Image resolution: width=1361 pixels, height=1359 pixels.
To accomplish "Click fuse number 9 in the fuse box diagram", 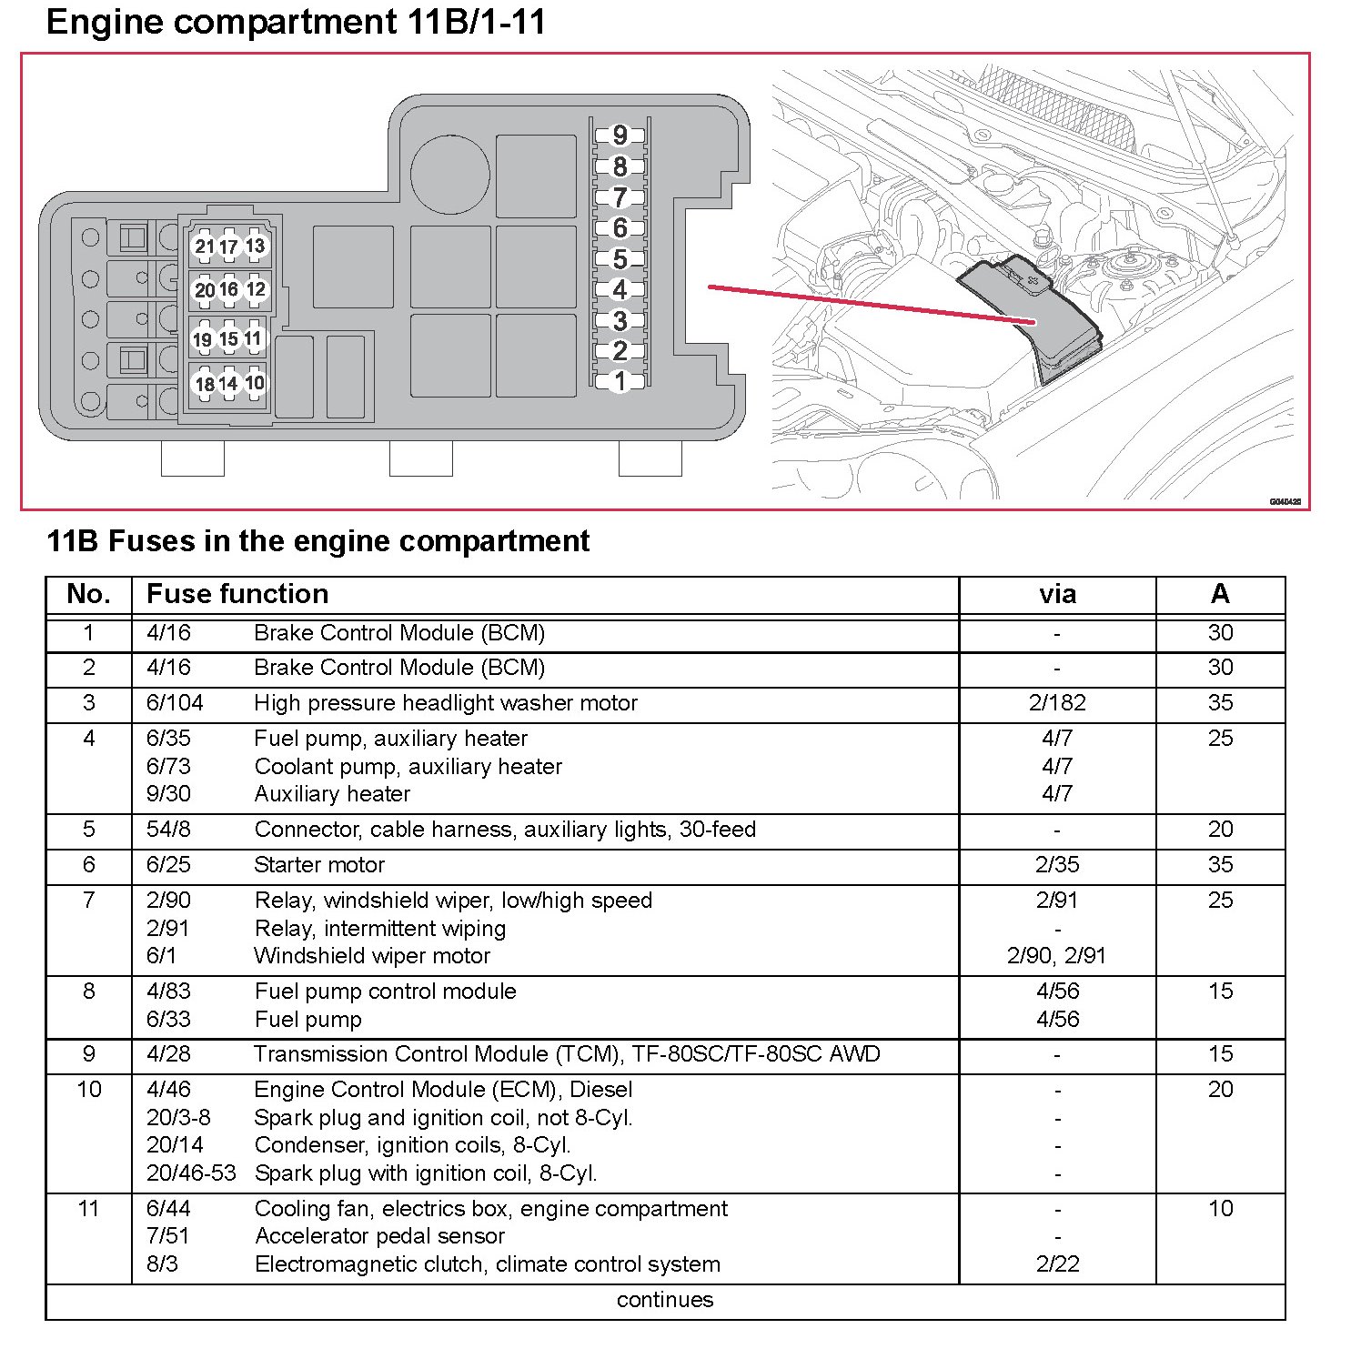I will (620, 136).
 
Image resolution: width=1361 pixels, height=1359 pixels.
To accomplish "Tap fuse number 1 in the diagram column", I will (620, 381).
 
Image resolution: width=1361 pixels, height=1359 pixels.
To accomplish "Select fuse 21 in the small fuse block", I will (204, 247).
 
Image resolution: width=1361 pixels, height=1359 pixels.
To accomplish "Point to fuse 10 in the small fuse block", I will (255, 383).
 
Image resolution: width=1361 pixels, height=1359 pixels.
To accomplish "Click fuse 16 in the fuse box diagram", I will (228, 289).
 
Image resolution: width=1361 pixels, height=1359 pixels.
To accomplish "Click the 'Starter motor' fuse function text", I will (319, 865).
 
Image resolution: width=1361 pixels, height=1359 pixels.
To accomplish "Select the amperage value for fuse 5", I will (1220, 830).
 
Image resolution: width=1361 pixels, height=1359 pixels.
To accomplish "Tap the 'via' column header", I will (1057, 595).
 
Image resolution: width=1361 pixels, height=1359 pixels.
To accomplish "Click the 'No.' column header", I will (88, 595).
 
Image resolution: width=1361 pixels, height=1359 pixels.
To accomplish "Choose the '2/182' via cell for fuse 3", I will (1057, 703).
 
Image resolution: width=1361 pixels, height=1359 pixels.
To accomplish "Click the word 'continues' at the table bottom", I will (665, 1300).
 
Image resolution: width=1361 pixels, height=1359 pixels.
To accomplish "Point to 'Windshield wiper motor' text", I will (372, 956).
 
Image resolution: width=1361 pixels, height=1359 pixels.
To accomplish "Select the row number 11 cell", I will (88, 1209).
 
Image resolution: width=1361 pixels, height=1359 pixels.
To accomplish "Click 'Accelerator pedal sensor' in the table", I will (379, 1236).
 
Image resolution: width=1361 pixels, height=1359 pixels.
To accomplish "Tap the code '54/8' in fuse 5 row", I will (168, 830).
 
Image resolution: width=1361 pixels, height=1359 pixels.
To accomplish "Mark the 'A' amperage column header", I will (1220, 595).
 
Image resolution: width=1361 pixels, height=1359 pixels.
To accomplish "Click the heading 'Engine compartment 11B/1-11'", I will (296, 22).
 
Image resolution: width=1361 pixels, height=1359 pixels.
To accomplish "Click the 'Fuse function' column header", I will (237, 595).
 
